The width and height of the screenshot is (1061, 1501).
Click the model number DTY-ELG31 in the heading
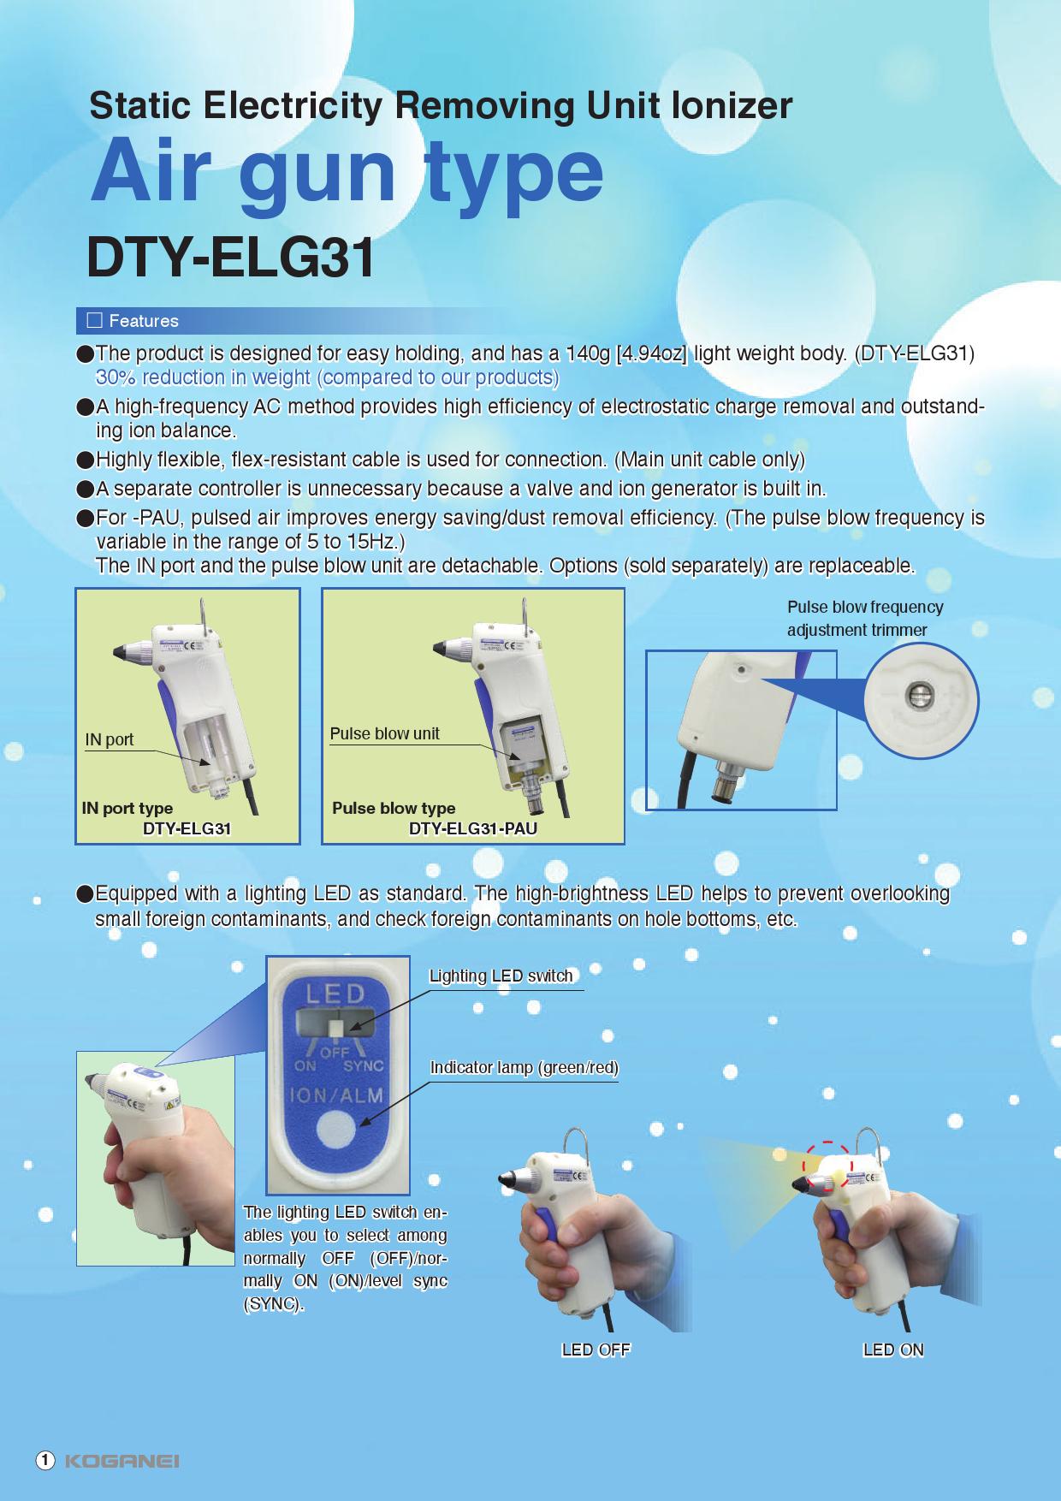231,258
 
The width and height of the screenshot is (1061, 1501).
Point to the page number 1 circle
45,1460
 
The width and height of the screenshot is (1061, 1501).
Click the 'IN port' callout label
110,739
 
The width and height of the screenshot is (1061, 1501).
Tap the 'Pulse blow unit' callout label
384,733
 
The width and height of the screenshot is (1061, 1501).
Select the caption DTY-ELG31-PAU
473,828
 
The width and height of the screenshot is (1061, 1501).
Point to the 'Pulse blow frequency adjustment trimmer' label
865,619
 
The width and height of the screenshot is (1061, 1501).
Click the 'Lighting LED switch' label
501,976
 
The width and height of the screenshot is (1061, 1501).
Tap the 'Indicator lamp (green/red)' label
524,1068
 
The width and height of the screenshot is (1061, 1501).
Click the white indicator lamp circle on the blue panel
335,1131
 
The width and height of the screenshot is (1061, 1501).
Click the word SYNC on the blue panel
364,1066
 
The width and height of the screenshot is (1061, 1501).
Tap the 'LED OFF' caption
596,1350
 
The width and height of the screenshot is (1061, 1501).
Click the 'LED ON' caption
893,1350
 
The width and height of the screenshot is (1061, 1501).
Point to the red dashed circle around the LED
827,1144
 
